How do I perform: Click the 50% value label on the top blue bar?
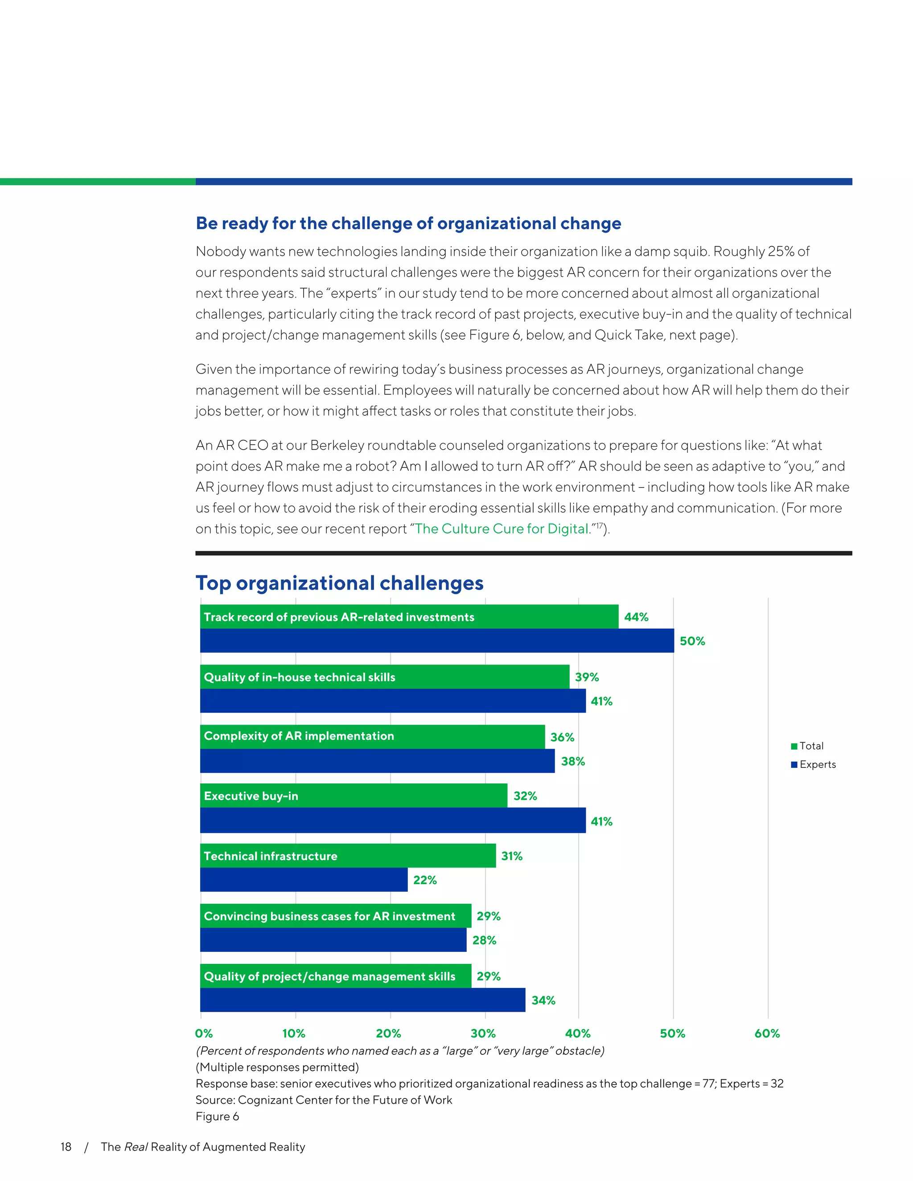tap(692, 641)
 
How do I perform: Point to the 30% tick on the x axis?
tap(483, 1033)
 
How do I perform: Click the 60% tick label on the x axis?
tap(766, 1033)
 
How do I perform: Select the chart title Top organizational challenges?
tap(339, 583)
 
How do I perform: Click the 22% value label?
tap(424, 880)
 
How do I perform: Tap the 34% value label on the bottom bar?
tap(543, 1001)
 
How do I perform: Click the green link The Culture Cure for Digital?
tap(502, 529)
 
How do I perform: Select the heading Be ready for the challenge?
tap(408, 223)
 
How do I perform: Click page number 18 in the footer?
tap(66, 1147)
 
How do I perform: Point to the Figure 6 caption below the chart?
tap(218, 1117)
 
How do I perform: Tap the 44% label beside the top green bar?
tap(636, 617)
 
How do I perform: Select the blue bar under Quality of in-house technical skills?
tap(393, 701)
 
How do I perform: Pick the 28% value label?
tap(484, 940)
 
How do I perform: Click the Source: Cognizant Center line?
tap(324, 1100)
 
